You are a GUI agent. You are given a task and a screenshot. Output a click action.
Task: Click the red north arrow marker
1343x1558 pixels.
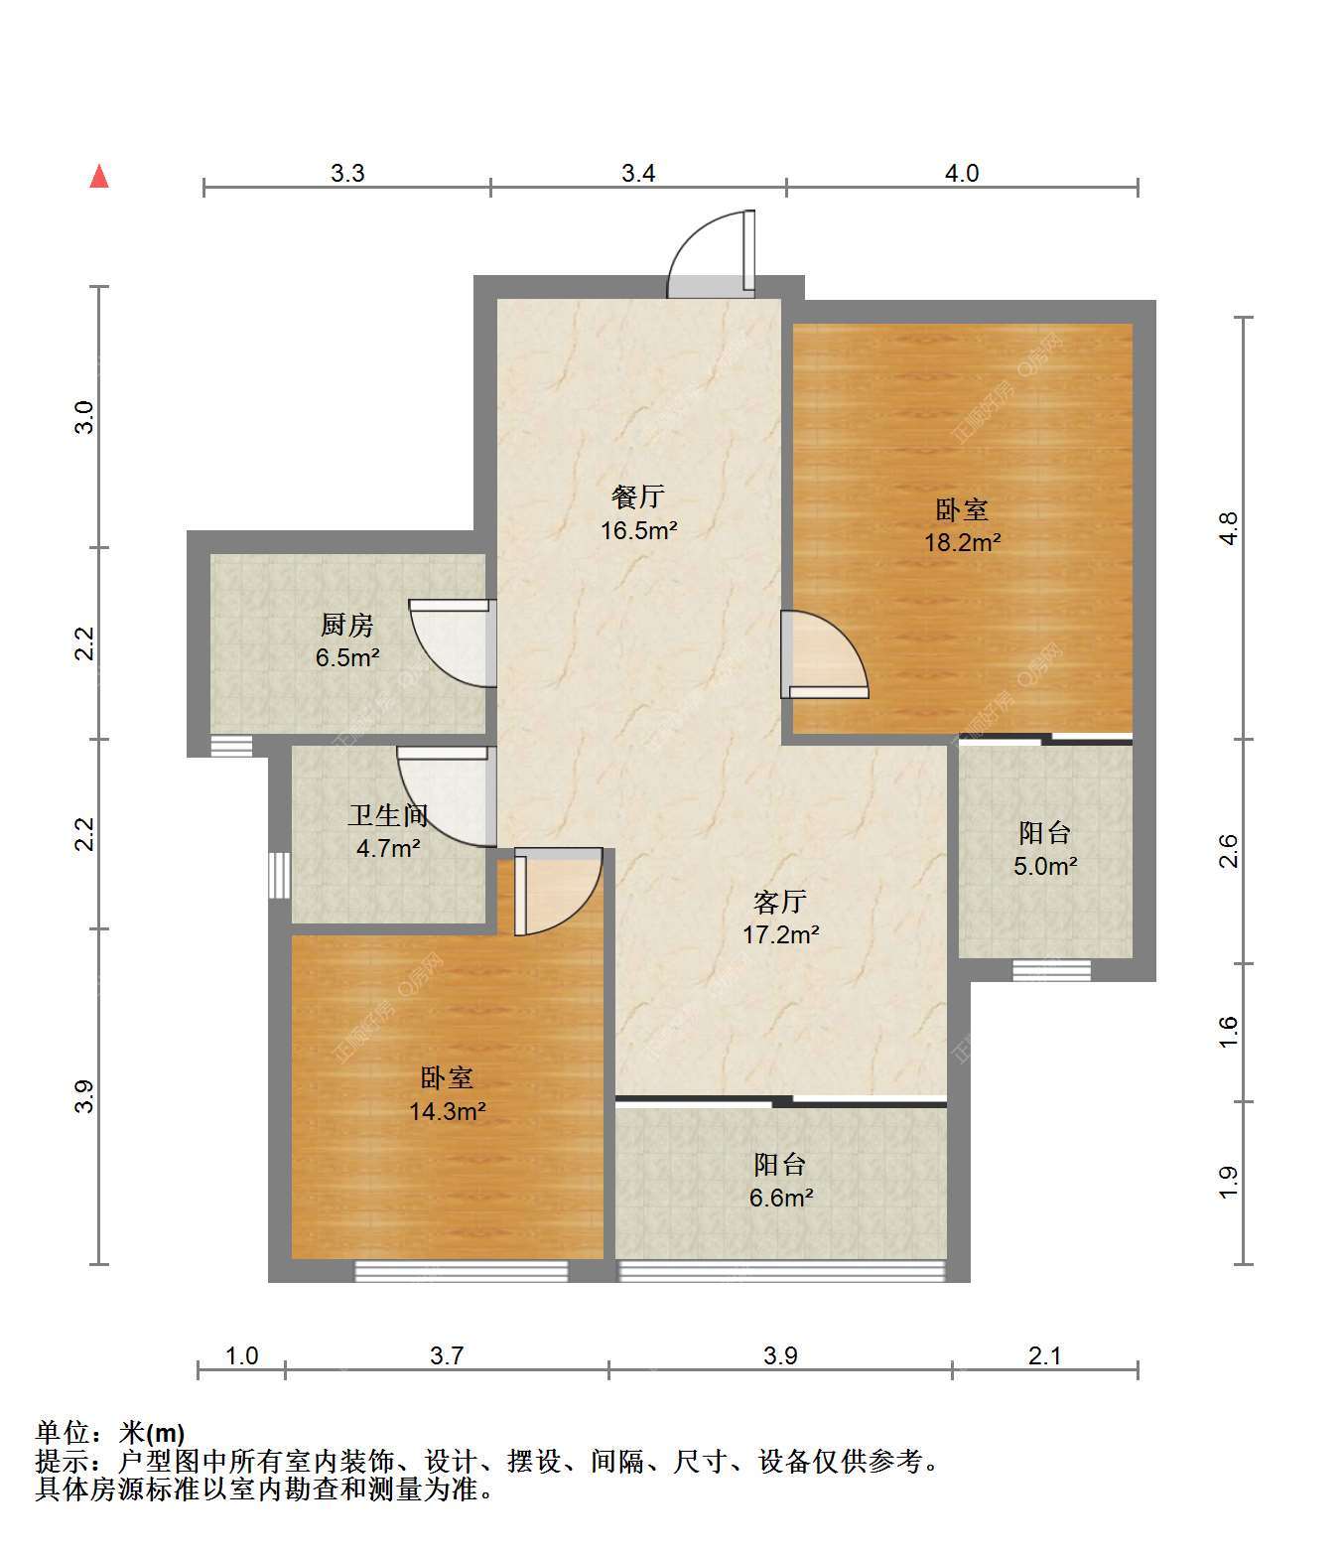point(99,177)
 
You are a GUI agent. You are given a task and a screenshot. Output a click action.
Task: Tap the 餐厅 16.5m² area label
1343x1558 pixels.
point(638,512)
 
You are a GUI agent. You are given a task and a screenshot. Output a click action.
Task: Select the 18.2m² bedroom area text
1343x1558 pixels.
point(963,542)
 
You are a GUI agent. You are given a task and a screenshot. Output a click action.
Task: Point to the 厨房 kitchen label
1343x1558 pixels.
point(346,625)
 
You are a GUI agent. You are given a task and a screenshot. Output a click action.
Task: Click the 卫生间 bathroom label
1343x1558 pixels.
point(387,815)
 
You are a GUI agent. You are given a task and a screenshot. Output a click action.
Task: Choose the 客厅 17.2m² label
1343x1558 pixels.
point(781,918)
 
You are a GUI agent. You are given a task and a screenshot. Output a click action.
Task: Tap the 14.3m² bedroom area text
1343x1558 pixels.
point(447,1111)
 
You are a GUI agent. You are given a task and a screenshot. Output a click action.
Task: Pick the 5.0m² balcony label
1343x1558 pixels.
point(1045,866)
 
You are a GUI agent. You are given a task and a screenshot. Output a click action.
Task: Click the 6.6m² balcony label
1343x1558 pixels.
point(781,1198)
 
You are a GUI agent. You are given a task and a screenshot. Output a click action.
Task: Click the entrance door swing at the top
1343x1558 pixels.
point(712,254)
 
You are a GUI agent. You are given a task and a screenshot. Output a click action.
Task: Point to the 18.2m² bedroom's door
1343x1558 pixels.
point(825,654)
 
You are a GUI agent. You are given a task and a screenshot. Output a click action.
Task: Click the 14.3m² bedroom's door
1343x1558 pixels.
point(559,892)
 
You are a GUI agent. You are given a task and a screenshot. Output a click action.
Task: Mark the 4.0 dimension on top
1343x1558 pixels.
point(962,174)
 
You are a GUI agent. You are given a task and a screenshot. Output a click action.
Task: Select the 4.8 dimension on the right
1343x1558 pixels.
point(1228,528)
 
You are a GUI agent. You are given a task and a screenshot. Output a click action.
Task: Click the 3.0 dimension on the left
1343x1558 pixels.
point(84,418)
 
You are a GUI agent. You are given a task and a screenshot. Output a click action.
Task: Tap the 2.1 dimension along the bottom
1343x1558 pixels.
point(1044,1356)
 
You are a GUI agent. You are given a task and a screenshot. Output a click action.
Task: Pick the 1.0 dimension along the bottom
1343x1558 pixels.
point(242,1356)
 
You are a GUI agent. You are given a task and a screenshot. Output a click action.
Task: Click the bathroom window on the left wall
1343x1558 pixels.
point(280,875)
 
